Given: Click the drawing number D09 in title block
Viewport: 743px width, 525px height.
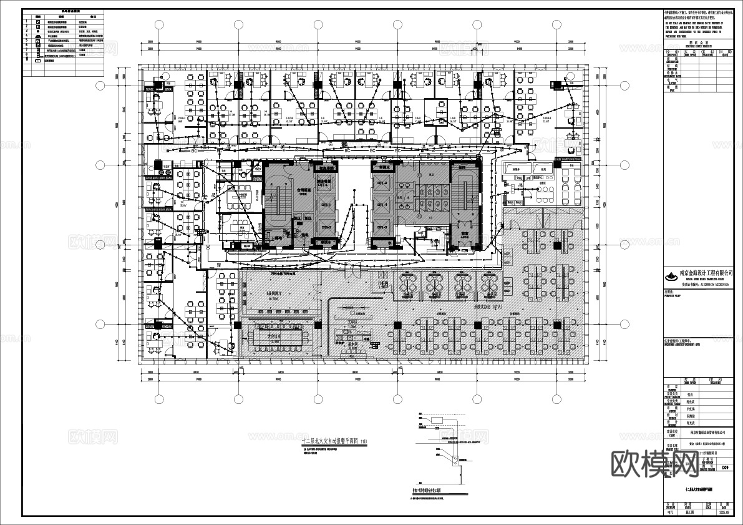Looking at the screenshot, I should tap(724, 466).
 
